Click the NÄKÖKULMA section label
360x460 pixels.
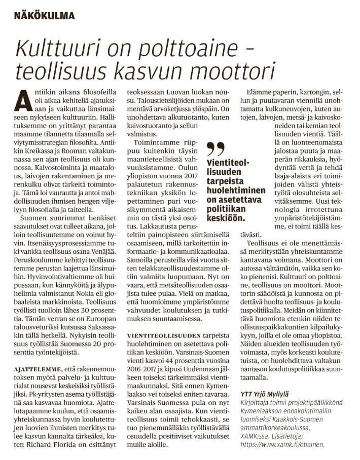click(45, 16)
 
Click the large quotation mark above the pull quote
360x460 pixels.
click(217, 148)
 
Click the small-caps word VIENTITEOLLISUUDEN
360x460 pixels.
click(158, 349)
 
